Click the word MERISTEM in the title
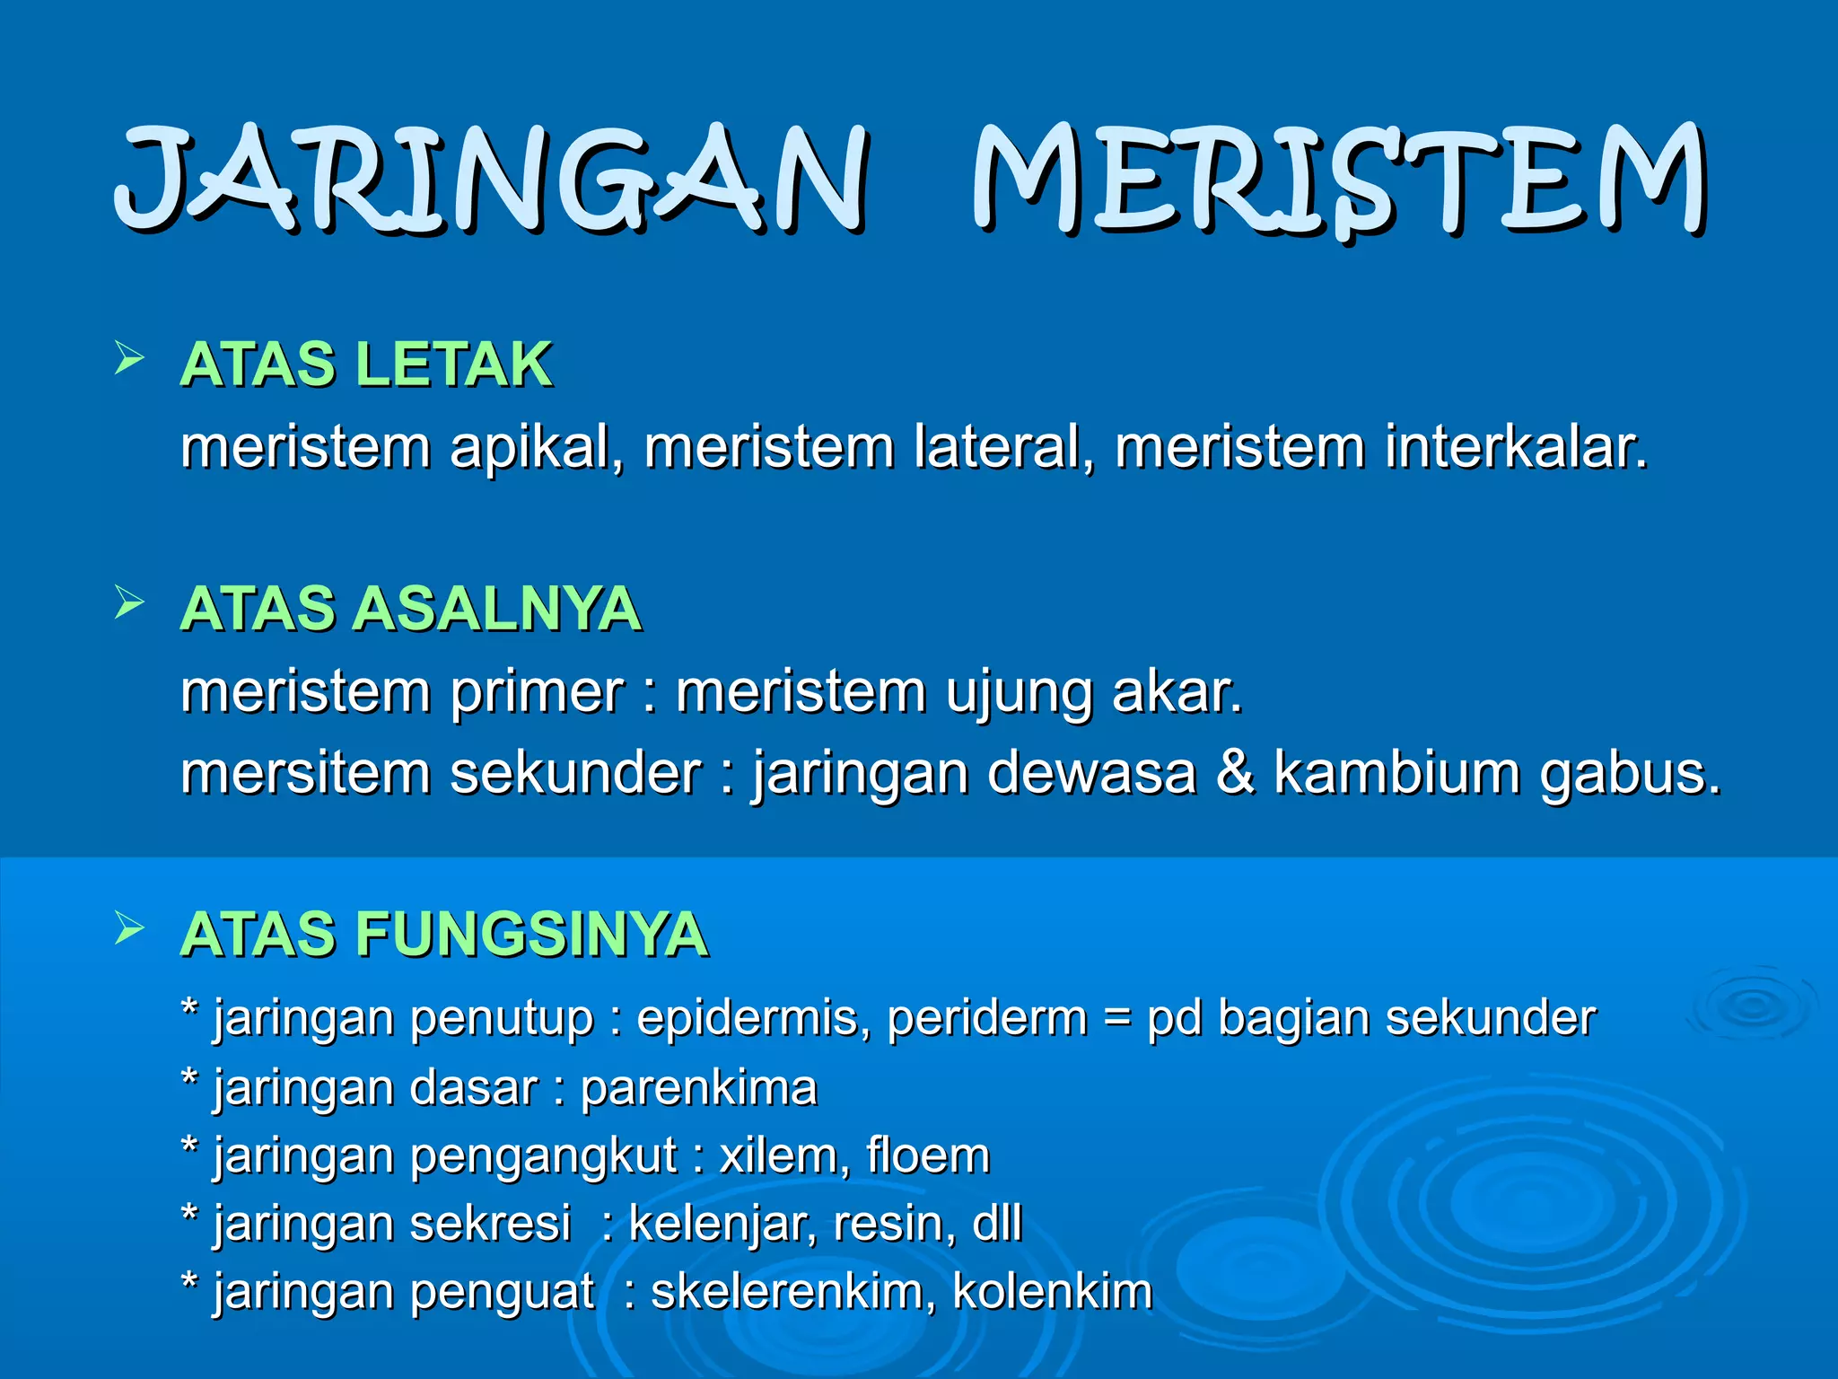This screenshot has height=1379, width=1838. tap(1339, 180)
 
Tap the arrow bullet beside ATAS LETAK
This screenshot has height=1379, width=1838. tap(129, 360)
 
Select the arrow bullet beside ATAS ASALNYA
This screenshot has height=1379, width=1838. tap(129, 604)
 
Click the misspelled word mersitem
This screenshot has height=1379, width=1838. tap(305, 773)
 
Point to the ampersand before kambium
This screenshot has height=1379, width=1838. tap(1235, 772)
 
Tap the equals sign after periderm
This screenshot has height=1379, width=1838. tap(1116, 1018)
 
